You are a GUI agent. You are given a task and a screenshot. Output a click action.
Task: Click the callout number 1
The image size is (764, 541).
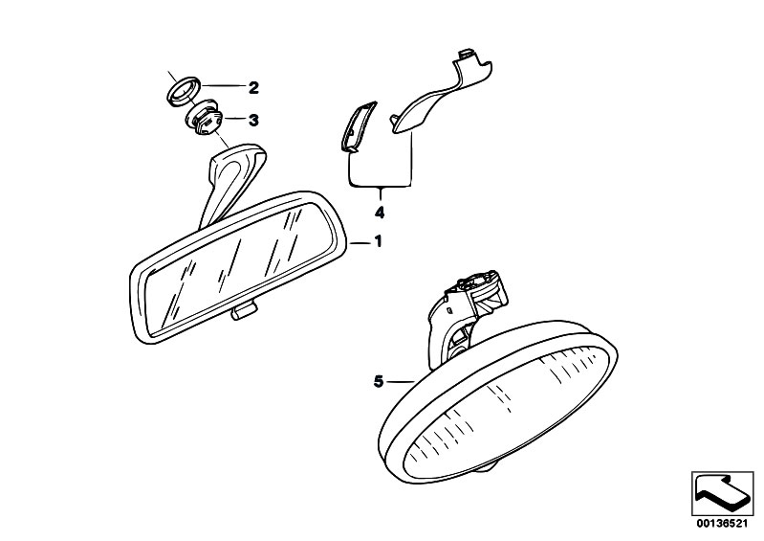tap(378, 241)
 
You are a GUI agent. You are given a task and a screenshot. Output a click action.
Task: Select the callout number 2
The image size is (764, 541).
tap(253, 88)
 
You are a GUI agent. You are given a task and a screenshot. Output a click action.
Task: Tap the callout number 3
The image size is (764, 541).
tap(253, 120)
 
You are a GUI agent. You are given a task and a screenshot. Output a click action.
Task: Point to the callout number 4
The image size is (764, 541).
tap(380, 213)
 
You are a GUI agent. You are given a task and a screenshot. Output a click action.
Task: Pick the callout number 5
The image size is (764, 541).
tap(379, 381)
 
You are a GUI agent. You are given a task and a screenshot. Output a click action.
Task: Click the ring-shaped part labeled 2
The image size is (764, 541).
tap(184, 90)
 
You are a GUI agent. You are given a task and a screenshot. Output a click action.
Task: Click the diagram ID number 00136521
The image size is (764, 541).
tap(722, 524)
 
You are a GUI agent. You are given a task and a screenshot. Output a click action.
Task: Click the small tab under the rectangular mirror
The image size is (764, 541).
tap(244, 311)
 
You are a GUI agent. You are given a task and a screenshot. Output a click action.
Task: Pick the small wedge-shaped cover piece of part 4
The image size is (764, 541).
tap(359, 124)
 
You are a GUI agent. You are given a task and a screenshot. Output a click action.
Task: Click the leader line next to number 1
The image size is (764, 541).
tap(360, 242)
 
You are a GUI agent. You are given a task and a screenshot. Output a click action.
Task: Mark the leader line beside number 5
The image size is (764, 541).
tap(401, 381)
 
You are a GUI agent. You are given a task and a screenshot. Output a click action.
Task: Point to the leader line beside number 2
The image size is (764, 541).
tap(223, 86)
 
